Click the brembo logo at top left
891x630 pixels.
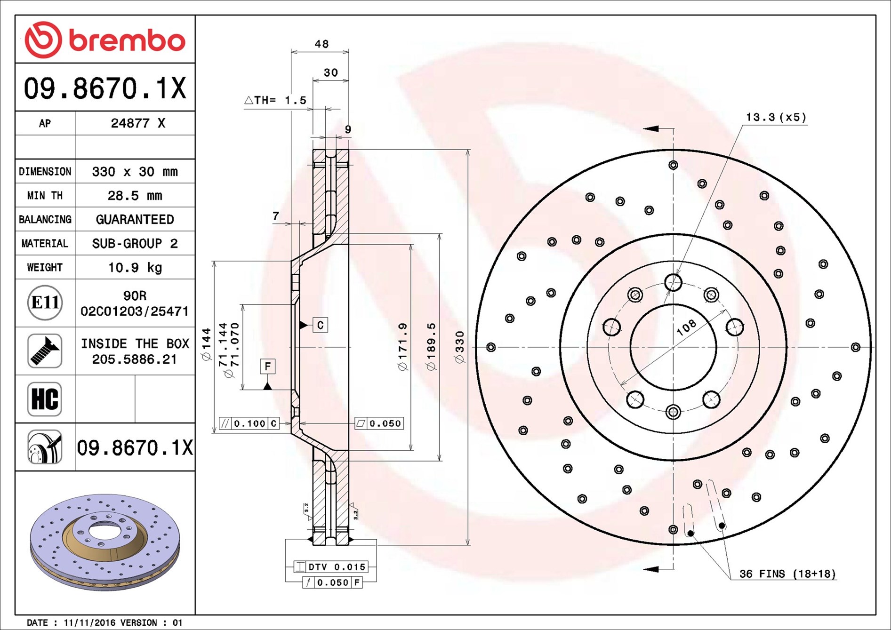(x=105, y=40)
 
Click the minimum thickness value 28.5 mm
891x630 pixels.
(x=135, y=195)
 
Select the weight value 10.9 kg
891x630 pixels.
(x=135, y=267)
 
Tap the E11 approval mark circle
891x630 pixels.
(x=45, y=303)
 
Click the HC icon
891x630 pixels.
(x=45, y=399)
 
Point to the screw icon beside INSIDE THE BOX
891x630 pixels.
(x=45, y=351)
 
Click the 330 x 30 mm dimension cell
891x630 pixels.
(x=135, y=171)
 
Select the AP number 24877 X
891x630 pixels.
(x=138, y=123)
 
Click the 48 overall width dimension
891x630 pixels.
(x=321, y=44)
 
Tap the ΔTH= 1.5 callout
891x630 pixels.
(x=275, y=100)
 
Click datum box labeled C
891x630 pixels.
(x=320, y=325)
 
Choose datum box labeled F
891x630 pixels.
(x=267, y=366)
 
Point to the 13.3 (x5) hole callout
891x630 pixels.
(x=776, y=117)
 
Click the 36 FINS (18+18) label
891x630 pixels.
(x=787, y=574)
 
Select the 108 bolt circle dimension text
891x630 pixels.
(x=686, y=327)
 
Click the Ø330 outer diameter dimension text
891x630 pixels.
(x=459, y=347)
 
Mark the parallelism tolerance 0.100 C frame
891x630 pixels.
(x=249, y=423)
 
